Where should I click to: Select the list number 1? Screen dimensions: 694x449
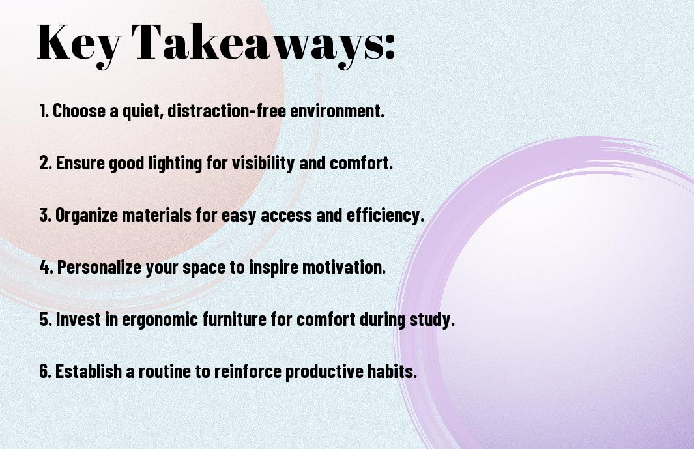(44, 111)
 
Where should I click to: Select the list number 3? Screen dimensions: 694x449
(45, 215)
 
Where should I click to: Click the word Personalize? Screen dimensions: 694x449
(98, 267)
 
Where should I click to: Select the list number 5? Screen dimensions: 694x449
(45, 319)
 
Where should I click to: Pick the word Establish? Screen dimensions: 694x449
(89, 371)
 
